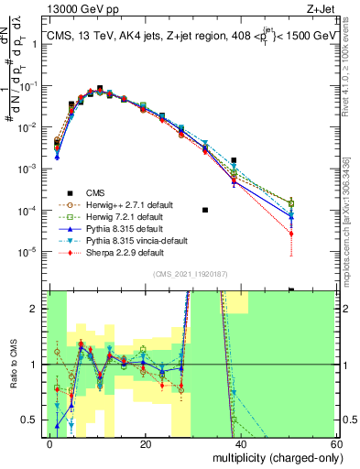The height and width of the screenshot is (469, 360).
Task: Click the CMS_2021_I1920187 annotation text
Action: coord(191,274)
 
